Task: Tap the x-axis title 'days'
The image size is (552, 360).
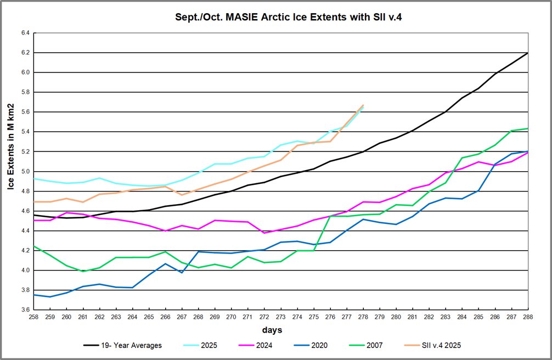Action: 272,330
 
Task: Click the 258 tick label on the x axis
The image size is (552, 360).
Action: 34,317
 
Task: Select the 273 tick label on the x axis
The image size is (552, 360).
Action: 281,317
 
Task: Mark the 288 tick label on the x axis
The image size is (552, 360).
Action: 528,317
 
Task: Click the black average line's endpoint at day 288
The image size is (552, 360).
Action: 528,53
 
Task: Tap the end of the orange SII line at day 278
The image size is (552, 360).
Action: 363,105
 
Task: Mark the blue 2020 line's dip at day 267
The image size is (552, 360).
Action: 182,272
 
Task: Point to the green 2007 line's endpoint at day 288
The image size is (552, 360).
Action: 528,128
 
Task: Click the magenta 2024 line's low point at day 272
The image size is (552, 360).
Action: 264,233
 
